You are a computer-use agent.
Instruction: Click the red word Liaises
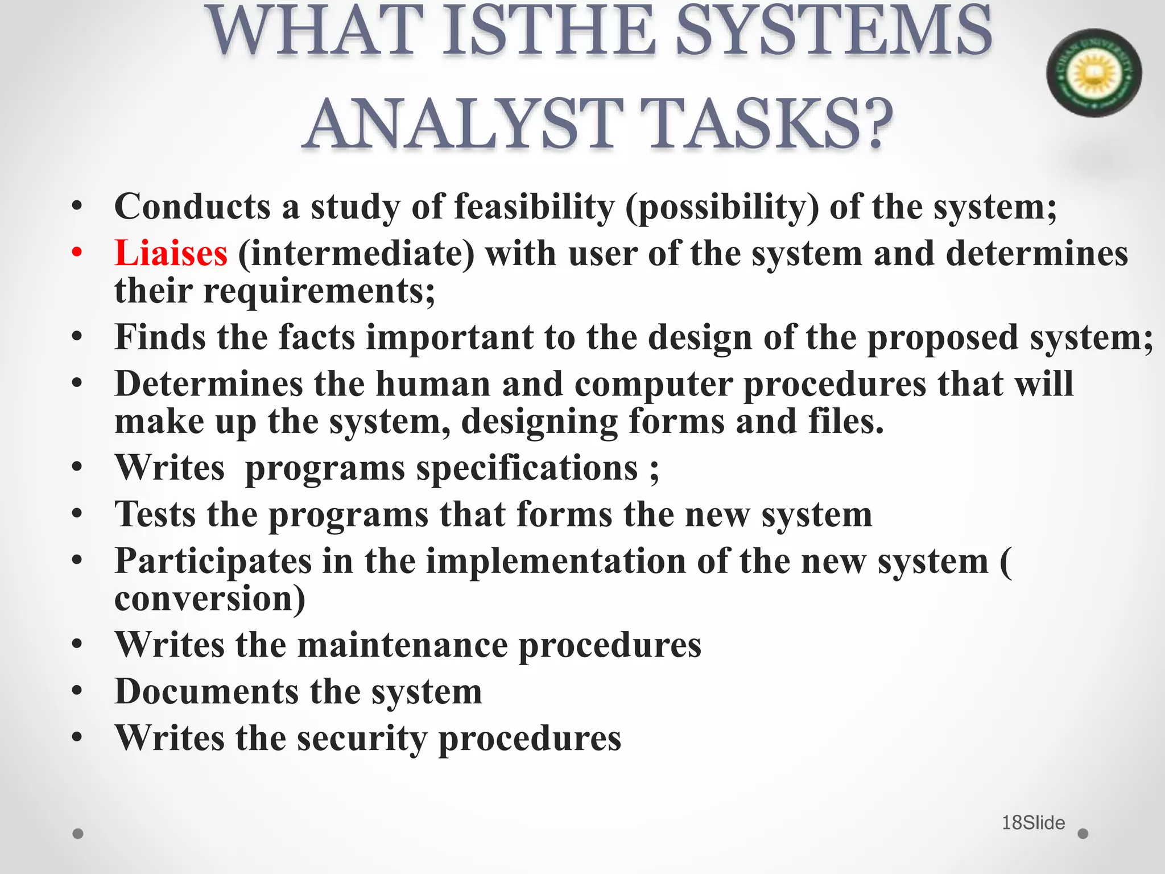[x=171, y=253]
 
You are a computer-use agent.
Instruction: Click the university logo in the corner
[x=1093, y=73]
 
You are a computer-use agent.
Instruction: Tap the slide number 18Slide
[x=1033, y=823]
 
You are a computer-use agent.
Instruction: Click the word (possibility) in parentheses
[x=722, y=207]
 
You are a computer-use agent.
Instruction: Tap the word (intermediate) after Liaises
[x=356, y=254]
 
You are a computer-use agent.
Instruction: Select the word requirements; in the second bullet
[x=319, y=291]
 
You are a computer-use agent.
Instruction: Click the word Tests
[x=155, y=514]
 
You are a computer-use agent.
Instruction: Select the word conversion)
[x=209, y=599]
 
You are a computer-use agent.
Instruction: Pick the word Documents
[x=206, y=692]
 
